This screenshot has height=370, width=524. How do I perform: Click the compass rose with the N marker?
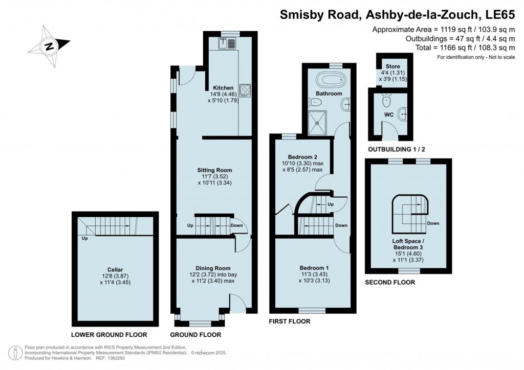click(x=50, y=47)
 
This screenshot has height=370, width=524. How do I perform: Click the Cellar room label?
click(x=115, y=269)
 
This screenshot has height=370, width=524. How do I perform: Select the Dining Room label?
click(x=213, y=268)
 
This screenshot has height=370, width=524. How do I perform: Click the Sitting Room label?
click(x=215, y=170)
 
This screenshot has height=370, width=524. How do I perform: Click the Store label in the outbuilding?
click(x=392, y=66)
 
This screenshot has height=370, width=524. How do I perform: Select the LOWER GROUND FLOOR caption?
click(x=109, y=335)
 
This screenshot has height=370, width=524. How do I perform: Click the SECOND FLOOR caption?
click(x=389, y=282)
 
